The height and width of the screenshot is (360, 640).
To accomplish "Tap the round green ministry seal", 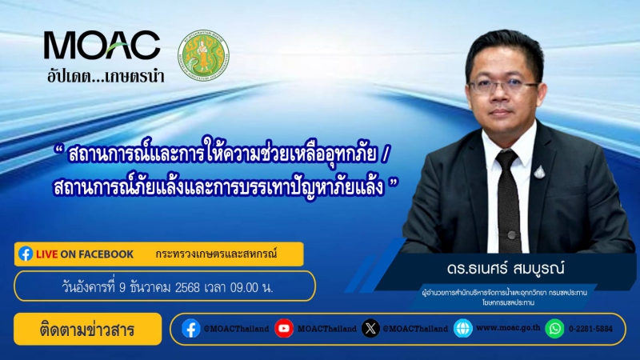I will (203, 55).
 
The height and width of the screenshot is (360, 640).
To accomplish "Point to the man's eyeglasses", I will (503, 84).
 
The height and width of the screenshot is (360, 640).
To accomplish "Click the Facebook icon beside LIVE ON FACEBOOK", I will (26, 254).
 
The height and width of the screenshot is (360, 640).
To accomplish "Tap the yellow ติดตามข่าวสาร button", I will (88, 329).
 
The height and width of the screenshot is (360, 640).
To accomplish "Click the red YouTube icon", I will (284, 329).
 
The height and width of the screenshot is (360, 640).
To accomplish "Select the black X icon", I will (370, 329).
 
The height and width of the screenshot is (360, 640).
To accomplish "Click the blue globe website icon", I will (462, 329).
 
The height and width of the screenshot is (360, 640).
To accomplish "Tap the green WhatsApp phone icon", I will (554, 329).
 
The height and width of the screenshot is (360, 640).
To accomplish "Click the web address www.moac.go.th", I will (508, 329).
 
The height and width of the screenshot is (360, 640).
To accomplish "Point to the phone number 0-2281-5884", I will (593, 329).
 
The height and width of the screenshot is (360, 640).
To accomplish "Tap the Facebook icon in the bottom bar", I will (190, 329).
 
